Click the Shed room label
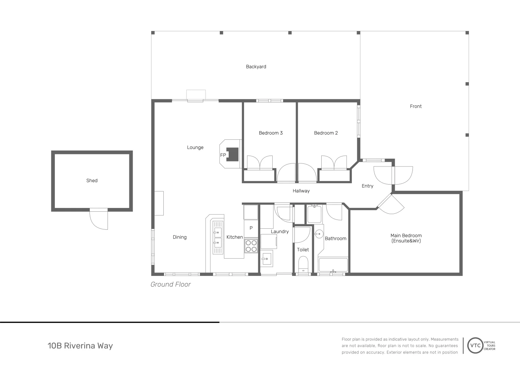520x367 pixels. [92, 180]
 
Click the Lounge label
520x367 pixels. [195, 147]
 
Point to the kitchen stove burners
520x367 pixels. [251, 246]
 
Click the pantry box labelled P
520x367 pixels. [251, 228]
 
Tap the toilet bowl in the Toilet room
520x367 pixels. [303, 263]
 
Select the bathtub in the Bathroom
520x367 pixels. [333, 265]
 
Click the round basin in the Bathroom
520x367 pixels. [319, 233]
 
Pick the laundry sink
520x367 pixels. [266, 259]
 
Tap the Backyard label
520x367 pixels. [256, 67]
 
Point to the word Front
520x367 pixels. [416, 106]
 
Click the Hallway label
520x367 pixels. [301, 191]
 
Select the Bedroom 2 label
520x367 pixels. [326, 133]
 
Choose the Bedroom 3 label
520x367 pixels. [271, 133]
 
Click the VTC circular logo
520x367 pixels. [475, 346]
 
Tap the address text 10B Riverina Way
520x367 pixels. [80, 346]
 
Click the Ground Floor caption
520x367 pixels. [170, 284]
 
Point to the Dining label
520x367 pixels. [179, 237]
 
